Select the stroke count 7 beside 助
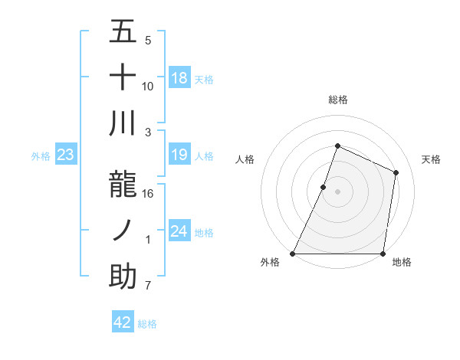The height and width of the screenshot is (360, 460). click(148, 286)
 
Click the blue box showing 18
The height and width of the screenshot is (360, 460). click(179, 78)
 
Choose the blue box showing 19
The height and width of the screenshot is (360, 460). click(179, 155)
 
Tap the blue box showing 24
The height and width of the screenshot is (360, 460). click(179, 232)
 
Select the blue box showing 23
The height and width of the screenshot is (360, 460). click(66, 155)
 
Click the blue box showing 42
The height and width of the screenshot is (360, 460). click(123, 322)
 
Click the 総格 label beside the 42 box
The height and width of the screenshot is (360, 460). click(147, 324)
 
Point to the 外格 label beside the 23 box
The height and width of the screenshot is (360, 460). click(41, 156)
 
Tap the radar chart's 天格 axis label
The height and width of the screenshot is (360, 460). click(431, 159)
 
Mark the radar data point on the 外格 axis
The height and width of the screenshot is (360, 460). click(293, 254)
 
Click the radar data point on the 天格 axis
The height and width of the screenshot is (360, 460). click(396, 172)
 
